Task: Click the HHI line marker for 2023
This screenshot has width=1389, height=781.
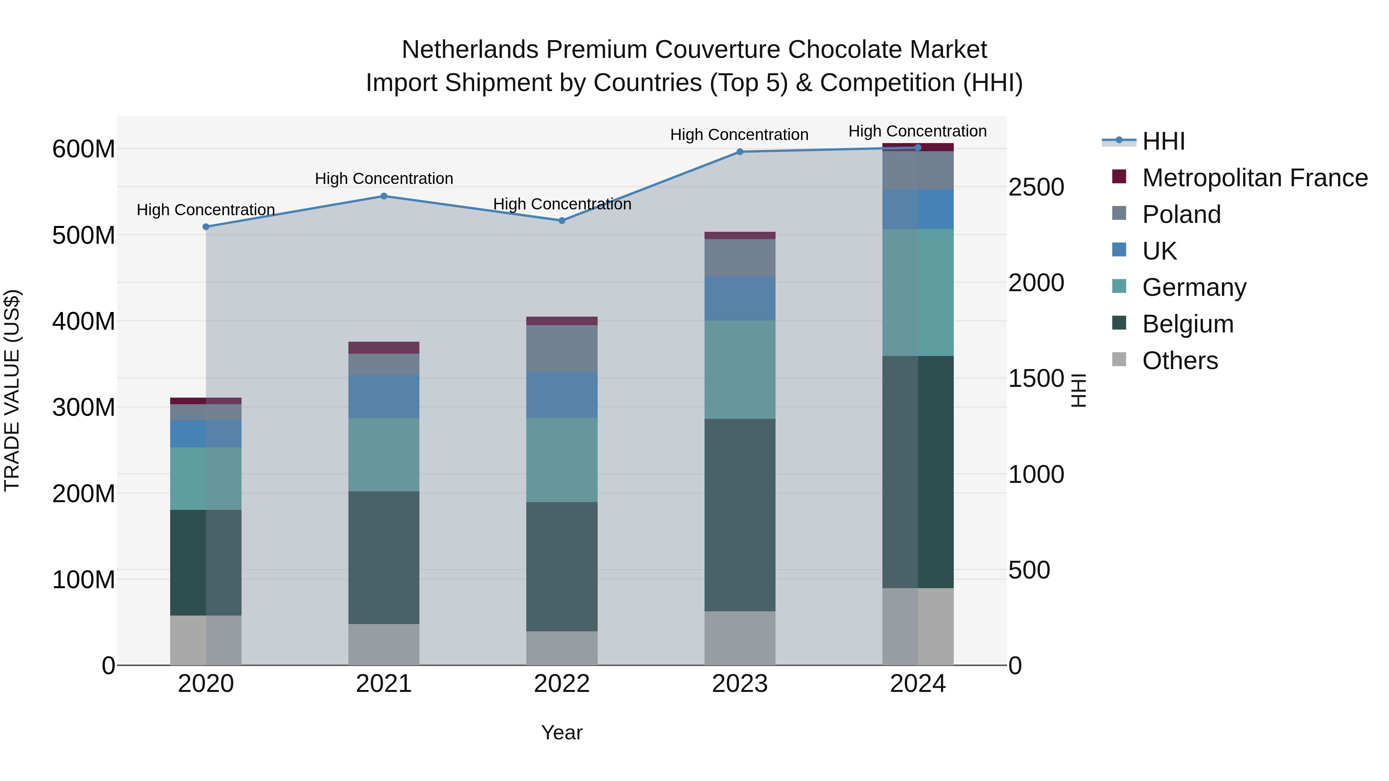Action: (740, 152)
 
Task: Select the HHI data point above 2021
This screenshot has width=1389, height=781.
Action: (384, 196)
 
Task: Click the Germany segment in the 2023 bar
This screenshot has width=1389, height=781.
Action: (740, 370)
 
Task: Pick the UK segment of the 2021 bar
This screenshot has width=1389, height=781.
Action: (384, 396)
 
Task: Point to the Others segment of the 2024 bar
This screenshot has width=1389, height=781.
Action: (918, 626)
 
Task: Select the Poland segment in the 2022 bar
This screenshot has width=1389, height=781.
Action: (562, 349)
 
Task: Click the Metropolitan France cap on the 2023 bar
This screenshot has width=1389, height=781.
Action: (740, 236)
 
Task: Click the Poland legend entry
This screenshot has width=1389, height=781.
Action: (1181, 214)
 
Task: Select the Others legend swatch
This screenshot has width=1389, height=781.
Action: (1119, 359)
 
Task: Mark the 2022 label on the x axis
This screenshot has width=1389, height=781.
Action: (562, 684)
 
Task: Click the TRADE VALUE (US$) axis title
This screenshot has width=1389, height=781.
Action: (12, 390)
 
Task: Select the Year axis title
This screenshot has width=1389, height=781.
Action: (561, 732)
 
